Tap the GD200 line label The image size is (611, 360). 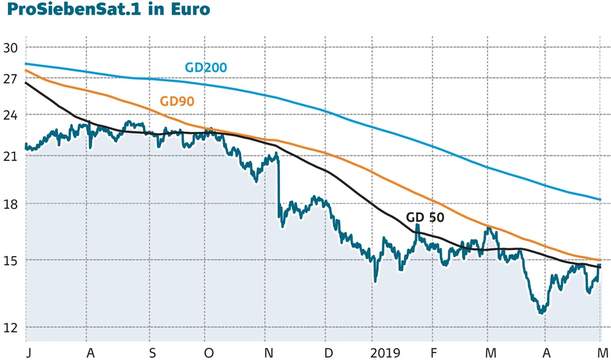206,67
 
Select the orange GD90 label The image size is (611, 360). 177,101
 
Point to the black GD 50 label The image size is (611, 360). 425,217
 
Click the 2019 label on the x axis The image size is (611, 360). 385,353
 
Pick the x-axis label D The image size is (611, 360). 328,353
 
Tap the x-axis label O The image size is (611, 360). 208,353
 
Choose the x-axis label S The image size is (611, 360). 153,353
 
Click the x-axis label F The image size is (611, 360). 433,353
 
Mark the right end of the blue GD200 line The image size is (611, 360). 600,200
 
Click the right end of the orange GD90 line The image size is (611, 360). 600,260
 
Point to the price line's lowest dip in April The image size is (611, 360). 541,312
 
